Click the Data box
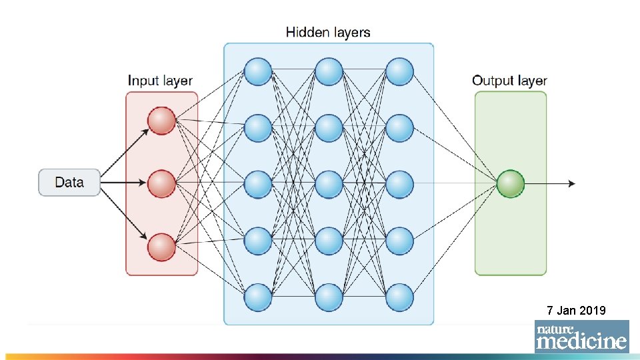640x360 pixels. (x=69, y=182)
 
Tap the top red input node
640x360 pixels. (x=161, y=121)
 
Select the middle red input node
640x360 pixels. (x=161, y=183)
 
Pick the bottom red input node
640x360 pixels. (x=161, y=247)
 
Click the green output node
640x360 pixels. (x=511, y=183)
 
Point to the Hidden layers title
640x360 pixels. (x=328, y=32)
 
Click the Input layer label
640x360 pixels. (x=161, y=81)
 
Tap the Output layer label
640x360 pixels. (x=509, y=81)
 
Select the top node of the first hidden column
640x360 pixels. (x=258, y=71)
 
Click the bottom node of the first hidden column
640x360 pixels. (x=258, y=297)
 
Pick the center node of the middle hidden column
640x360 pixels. (x=329, y=185)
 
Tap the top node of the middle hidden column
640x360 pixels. (x=329, y=71)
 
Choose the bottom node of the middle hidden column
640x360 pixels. (x=329, y=297)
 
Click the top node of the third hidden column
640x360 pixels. (x=399, y=71)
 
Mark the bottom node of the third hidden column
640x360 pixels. (x=399, y=297)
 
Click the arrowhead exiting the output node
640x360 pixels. (x=571, y=183)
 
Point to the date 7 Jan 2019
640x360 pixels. (x=576, y=310)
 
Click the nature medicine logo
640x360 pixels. (x=581, y=337)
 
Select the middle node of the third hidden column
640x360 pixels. (x=399, y=185)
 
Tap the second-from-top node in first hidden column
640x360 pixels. (x=258, y=128)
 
